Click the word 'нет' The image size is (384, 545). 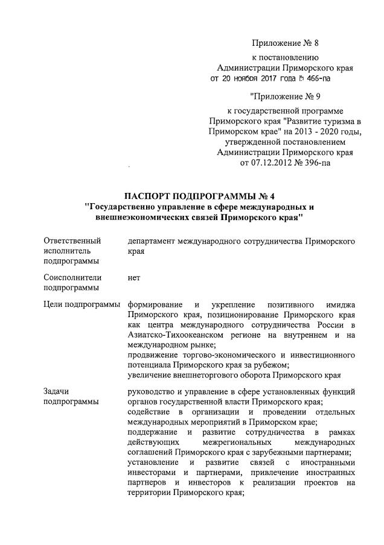click(x=134, y=278)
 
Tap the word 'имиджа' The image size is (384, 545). click(x=338, y=305)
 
